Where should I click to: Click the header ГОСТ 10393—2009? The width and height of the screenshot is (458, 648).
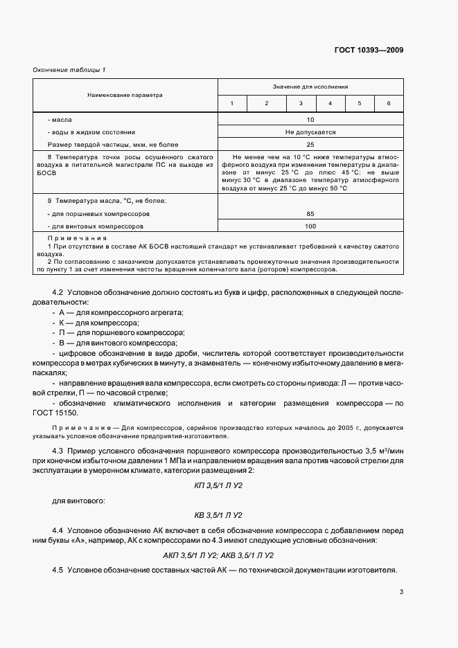369,50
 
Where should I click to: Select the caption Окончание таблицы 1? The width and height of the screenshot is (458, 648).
69,70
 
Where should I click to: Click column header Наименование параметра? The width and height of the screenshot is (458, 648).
125,95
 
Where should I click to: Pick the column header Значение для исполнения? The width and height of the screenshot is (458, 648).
310,87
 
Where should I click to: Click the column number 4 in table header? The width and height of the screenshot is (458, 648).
330,103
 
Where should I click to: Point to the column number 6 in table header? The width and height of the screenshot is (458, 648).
388,103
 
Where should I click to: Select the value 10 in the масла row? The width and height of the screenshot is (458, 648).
310,120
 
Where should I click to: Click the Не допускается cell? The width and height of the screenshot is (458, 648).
310,132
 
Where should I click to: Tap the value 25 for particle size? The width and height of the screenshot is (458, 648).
310,144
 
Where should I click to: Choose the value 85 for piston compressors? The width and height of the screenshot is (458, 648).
310,214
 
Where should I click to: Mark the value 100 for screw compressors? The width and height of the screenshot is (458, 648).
310,226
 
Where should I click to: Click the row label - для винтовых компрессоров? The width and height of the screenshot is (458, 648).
96,226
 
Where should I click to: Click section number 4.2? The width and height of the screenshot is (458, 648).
59,293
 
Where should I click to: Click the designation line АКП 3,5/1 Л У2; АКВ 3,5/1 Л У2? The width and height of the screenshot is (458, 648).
218,555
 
